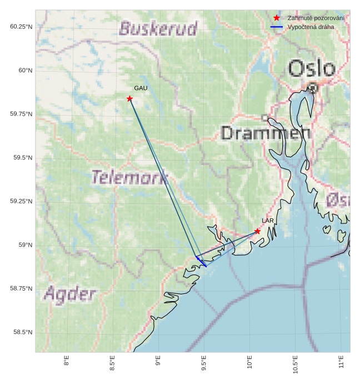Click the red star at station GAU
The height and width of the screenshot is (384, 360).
pos(129,99)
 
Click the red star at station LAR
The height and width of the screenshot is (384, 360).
pos(257,231)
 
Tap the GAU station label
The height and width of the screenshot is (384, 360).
pos(141,88)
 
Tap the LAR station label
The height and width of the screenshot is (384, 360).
pos(268,221)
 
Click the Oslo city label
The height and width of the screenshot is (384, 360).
pos(312,69)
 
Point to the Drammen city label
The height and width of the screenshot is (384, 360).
pos(266,133)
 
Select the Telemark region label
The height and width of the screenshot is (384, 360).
pos(129,178)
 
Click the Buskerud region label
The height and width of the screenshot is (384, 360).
pos(158,28)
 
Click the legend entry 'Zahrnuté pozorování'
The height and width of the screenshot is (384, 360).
pos(316,18)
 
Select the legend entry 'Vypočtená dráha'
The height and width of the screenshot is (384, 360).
pos(311,27)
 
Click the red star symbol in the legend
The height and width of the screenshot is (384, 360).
pos(276,18)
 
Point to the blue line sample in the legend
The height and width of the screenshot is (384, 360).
pos(276,27)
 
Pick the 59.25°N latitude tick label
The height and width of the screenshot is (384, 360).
pos(21,201)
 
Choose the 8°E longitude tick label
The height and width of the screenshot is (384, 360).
pos(67,363)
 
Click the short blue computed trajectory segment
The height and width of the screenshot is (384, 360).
pos(201,262)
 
